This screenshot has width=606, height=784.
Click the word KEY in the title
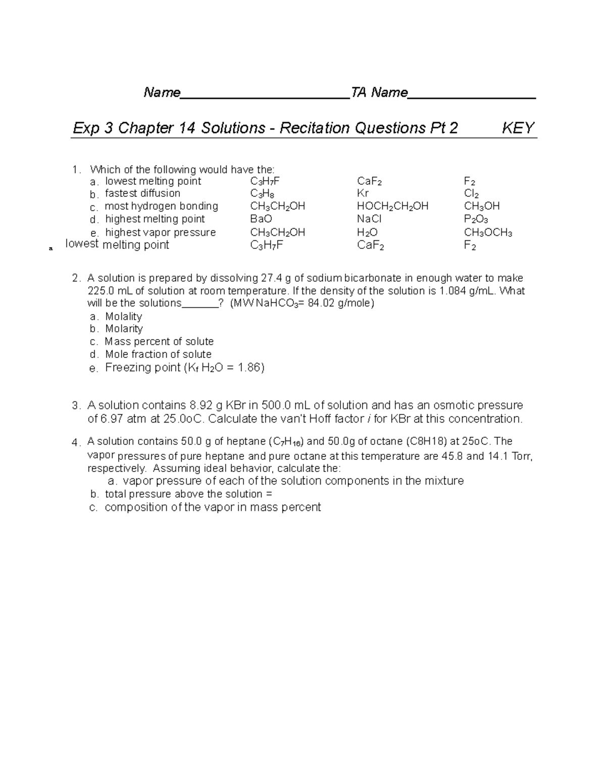tap(518, 128)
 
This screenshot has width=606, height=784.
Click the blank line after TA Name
tap(472, 94)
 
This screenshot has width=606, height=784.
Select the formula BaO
tap(261, 219)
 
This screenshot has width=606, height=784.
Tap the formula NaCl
tap(369, 219)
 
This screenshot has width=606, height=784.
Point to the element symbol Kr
tap(363, 193)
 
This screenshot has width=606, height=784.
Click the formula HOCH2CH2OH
tap(392, 206)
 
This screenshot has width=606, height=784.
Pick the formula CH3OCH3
tap(488, 233)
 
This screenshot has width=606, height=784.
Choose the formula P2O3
tap(476, 219)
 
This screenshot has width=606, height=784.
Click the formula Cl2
tap(471, 193)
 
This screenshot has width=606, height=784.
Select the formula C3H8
tap(262, 193)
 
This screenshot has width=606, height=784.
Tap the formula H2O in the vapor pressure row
tap(367, 233)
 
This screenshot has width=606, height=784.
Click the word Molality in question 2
tap(123, 317)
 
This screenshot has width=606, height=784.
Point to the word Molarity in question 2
tap(124, 329)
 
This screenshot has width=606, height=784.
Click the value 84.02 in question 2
tap(321, 303)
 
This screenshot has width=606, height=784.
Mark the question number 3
tap(76, 406)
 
